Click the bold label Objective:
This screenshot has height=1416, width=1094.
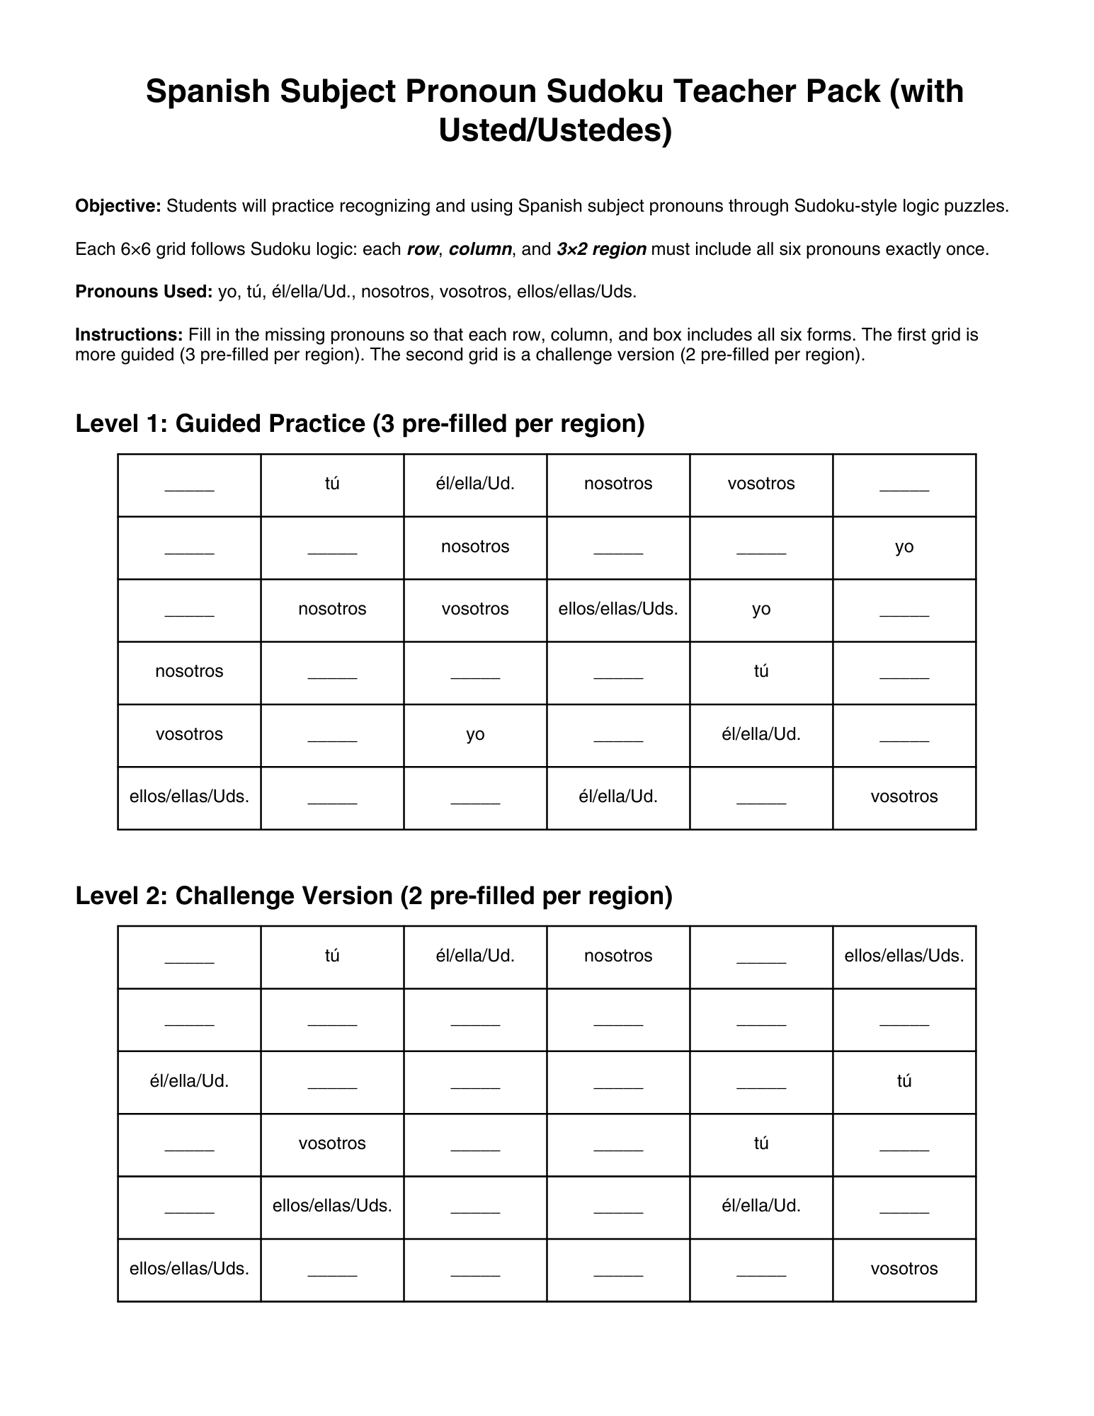118,206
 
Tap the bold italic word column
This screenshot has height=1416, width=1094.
480,249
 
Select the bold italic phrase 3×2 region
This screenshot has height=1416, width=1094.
601,249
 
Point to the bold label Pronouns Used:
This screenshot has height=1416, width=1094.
144,292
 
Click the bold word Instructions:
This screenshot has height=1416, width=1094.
130,334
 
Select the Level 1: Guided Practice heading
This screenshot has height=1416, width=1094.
360,423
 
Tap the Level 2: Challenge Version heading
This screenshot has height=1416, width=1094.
373,896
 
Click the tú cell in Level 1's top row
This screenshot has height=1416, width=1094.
332,484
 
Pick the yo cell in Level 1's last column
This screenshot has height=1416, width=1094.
904,547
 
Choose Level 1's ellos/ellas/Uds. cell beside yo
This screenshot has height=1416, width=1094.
618,609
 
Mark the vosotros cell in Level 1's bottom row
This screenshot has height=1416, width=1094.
904,796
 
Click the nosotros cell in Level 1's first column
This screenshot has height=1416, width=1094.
189,671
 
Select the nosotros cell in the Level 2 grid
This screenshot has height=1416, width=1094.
618,956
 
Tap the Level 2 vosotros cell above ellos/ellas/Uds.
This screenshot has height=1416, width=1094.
332,1143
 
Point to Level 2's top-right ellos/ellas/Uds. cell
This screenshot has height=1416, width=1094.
904,956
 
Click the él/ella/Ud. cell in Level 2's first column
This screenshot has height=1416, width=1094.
189,1081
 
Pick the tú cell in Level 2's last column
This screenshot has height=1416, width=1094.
904,1081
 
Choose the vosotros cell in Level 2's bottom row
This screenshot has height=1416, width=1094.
904,1269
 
